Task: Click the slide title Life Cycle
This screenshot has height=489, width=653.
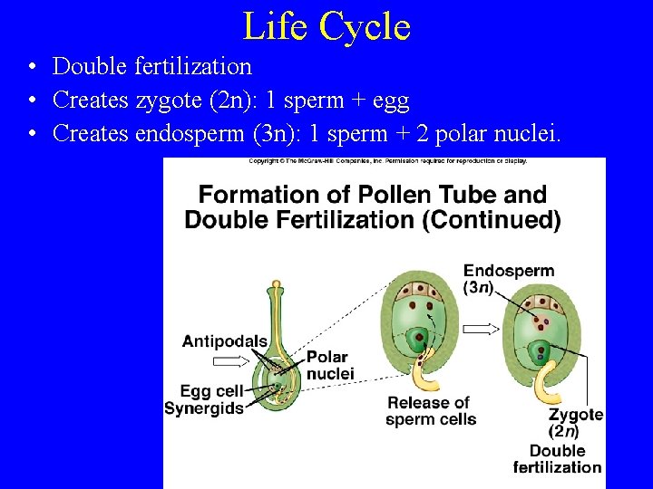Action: click(326, 26)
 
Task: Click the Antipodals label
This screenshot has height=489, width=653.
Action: click(225, 341)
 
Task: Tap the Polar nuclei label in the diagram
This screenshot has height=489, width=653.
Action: click(329, 366)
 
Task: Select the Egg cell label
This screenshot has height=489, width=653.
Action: click(210, 391)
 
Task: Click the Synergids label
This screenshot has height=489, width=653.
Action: click(204, 408)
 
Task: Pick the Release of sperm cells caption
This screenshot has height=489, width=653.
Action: click(430, 410)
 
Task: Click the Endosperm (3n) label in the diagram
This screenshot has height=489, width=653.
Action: click(508, 279)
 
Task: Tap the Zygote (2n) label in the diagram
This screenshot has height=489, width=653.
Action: click(576, 423)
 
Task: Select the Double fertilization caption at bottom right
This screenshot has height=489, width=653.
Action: click(557, 459)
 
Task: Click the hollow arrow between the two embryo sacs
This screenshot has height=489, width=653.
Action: click(481, 330)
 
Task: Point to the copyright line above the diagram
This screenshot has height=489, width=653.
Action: click(387, 161)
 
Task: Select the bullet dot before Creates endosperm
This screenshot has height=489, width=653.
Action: click(32, 135)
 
